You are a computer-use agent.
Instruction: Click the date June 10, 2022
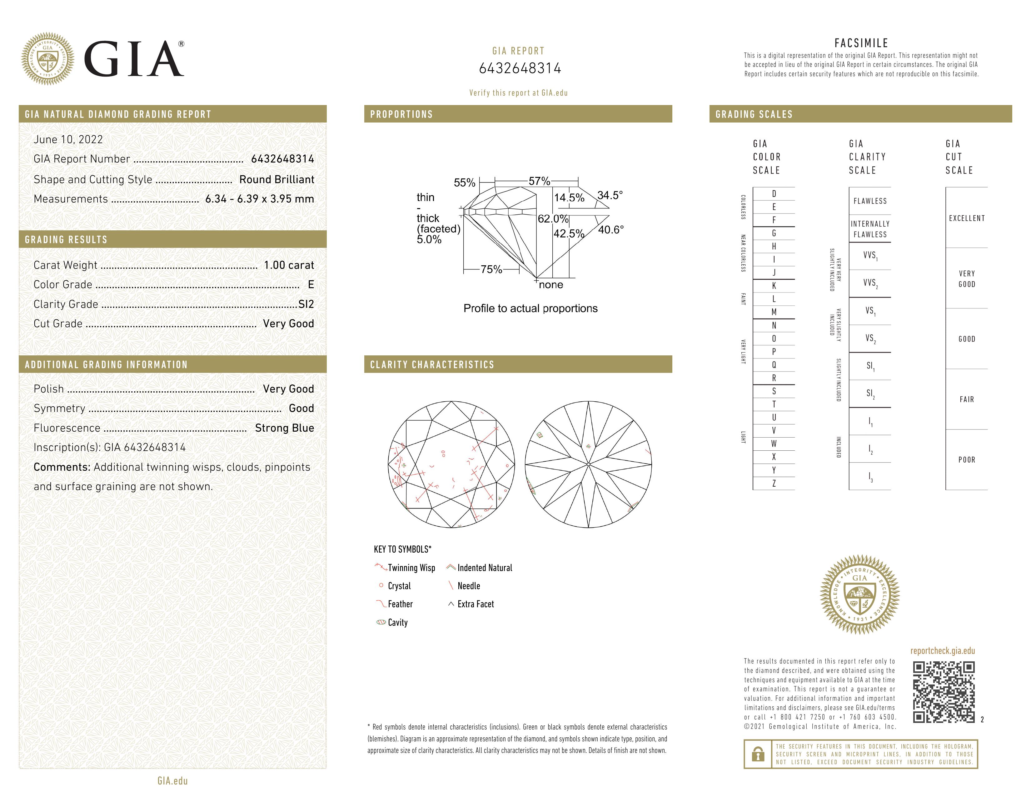[x=68, y=139]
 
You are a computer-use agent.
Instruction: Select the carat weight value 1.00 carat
[x=288, y=265]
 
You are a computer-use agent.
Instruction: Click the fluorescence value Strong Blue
[x=284, y=428]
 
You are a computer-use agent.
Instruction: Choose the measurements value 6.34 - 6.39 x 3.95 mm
[x=260, y=199]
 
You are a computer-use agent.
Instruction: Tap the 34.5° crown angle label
[x=610, y=195]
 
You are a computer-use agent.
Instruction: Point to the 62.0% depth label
[x=553, y=218]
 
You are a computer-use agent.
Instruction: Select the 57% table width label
[x=539, y=181]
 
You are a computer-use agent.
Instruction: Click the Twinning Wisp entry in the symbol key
[x=411, y=568]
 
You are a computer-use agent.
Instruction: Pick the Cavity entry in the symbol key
[x=397, y=622]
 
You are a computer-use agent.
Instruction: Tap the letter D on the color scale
[x=774, y=193]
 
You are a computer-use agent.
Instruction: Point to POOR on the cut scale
[x=966, y=460]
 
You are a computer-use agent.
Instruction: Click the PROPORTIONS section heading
[x=401, y=114]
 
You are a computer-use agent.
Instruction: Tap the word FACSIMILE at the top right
[x=861, y=43]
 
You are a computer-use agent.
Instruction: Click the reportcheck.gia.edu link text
[x=942, y=651]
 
